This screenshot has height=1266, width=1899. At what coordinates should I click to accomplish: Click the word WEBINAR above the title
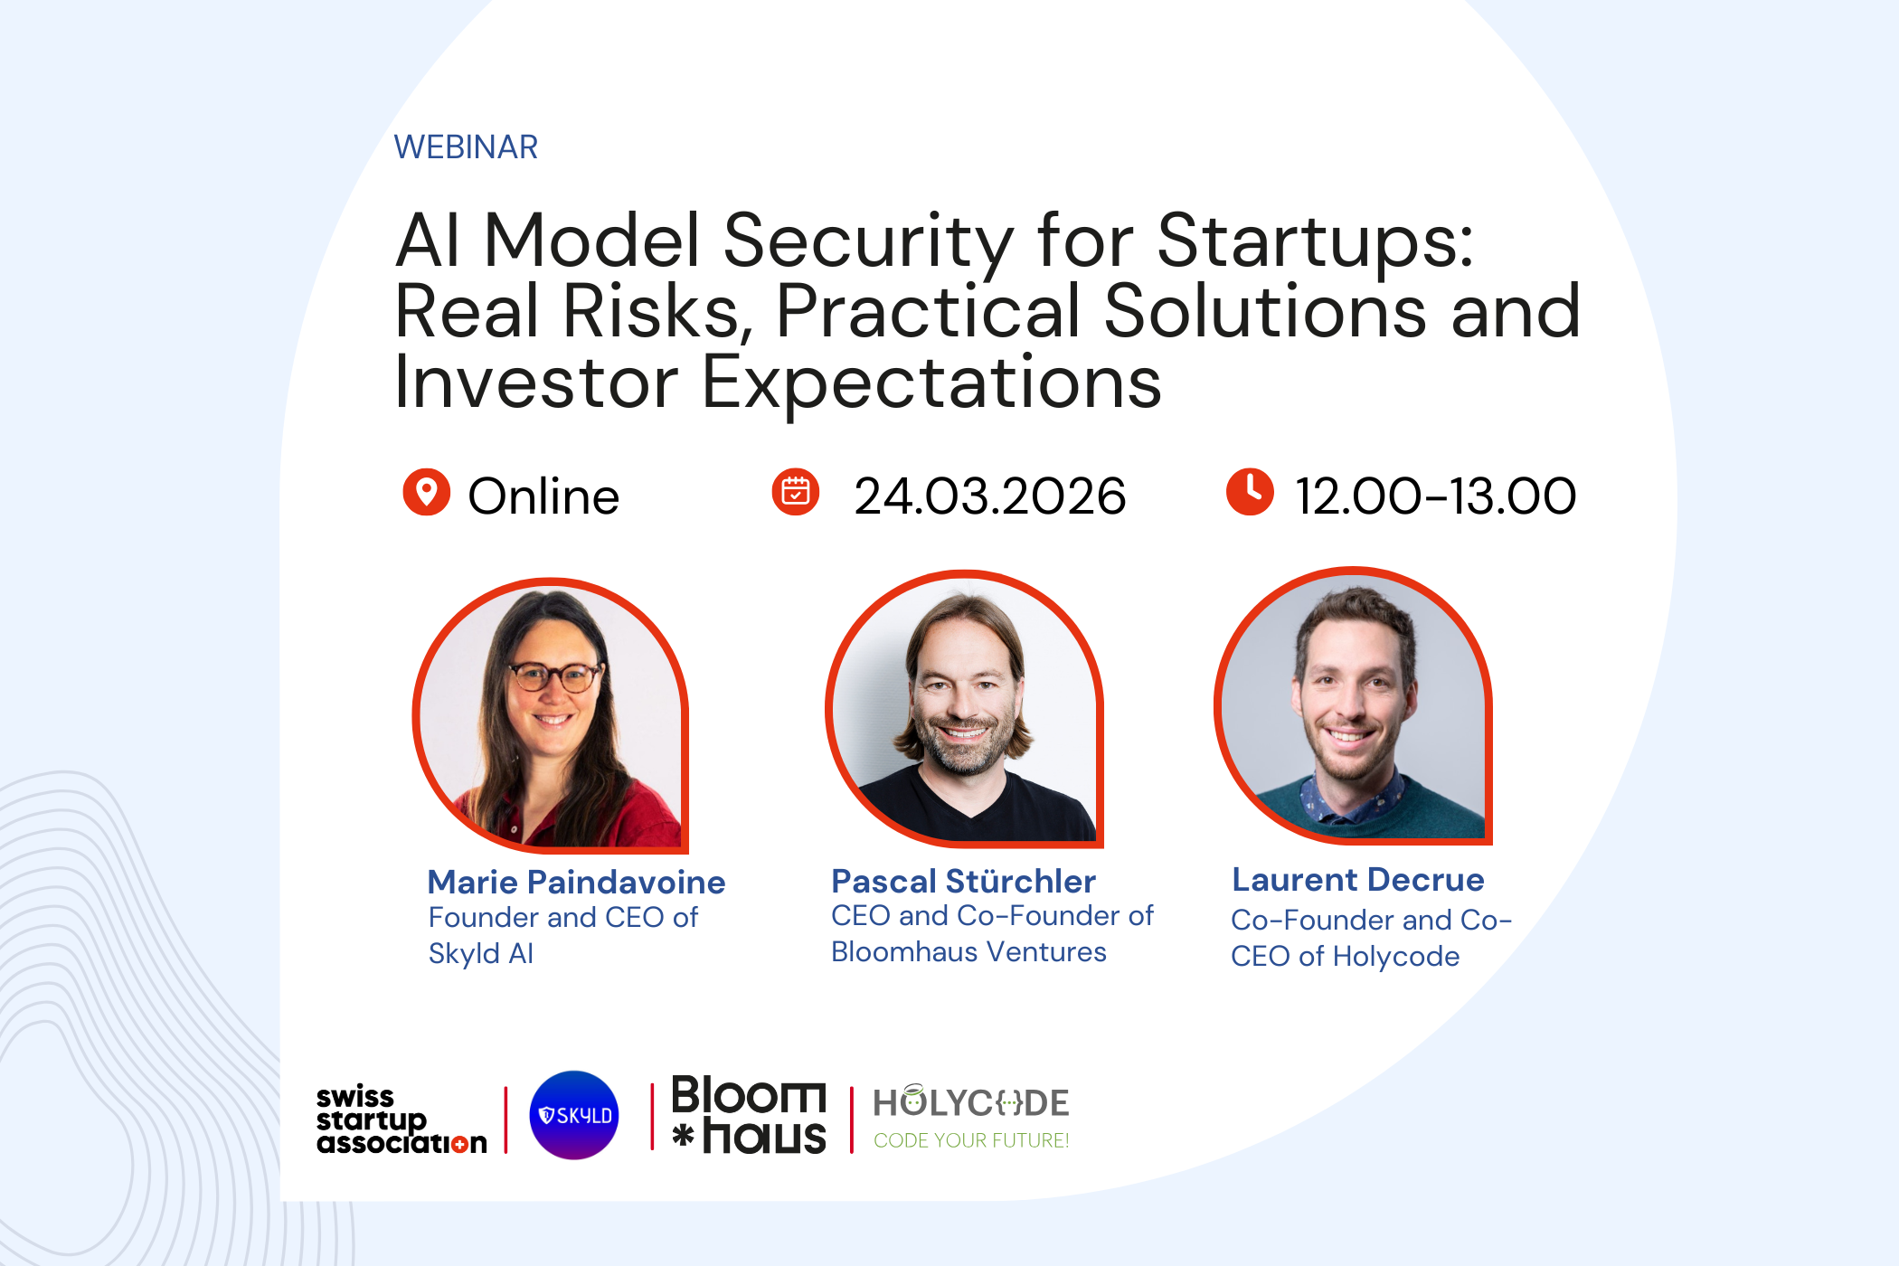[466, 147]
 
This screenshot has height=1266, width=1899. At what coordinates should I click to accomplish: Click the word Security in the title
[867, 241]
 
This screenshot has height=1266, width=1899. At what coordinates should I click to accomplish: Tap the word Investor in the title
[535, 383]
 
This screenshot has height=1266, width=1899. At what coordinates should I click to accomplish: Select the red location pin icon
[426, 492]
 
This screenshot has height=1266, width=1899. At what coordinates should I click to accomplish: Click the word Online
[543, 496]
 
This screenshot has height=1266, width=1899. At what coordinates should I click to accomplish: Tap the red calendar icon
[795, 492]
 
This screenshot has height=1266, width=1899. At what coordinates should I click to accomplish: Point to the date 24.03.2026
[989, 496]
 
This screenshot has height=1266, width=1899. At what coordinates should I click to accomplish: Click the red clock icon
[1249, 492]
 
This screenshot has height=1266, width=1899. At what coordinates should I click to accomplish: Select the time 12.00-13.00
[1435, 496]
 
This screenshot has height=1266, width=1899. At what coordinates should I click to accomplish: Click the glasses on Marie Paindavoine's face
[554, 676]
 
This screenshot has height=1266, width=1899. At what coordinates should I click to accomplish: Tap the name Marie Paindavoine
[576, 882]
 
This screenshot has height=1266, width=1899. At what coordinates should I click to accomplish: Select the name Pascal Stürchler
[963, 881]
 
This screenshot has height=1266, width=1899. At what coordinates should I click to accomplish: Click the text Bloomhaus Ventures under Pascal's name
[968, 952]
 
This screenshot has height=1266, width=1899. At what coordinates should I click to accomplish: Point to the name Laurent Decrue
[1357, 880]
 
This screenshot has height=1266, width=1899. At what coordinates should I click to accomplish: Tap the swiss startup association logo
[401, 1120]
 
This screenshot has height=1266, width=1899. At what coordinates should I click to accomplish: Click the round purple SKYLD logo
[574, 1115]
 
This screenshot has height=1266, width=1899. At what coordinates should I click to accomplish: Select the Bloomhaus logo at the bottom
[749, 1115]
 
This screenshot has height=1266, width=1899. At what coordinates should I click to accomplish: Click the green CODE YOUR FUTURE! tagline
[971, 1141]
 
